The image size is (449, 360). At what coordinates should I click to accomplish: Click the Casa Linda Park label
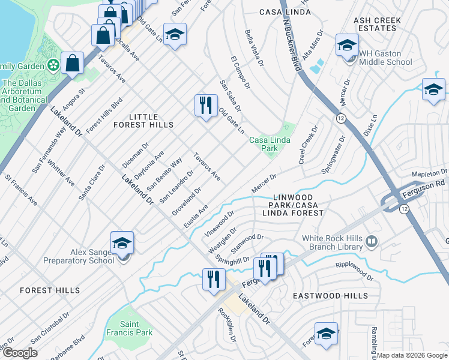click(x=270, y=144)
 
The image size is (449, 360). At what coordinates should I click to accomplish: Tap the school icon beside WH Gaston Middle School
click(x=347, y=46)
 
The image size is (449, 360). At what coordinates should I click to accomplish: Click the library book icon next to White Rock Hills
click(x=372, y=241)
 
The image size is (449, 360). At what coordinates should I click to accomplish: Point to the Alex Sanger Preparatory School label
click(x=79, y=257)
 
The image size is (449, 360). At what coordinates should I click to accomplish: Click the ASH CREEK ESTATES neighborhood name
click(x=378, y=24)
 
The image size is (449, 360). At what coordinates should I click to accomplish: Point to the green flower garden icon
click(x=53, y=64)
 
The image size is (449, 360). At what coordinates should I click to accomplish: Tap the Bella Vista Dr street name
click(x=254, y=47)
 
